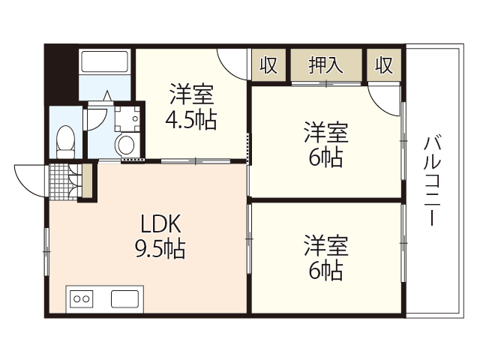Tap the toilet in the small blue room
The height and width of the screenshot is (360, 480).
[x=66, y=139]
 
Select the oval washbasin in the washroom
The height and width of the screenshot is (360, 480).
[x=125, y=142]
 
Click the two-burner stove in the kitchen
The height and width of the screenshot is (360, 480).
[x=81, y=298]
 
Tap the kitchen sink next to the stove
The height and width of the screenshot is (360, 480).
[x=125, y=298]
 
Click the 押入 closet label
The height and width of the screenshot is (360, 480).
[x=326, y=65]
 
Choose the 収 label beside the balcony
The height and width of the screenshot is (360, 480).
[x=384, y=65]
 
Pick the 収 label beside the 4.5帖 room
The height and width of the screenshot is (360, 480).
[x=268, y=65]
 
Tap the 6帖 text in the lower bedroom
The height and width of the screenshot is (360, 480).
[x=325, y=270]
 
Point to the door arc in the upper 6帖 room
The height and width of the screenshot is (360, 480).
[x=387, y=97]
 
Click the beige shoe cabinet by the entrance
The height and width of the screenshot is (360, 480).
[x=86, y=181]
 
